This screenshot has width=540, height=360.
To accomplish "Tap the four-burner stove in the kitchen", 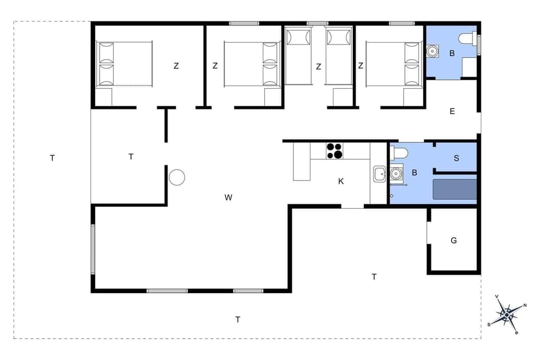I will point(335,151).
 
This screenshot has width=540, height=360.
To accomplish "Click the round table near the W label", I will point(177,178).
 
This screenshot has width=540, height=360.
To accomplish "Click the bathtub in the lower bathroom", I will point(454,189).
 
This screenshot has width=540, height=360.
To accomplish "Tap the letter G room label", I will point(454,241).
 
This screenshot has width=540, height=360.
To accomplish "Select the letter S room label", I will point(456,159).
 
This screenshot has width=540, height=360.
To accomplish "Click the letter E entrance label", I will point(452,111).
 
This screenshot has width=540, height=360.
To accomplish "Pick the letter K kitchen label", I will point(341,181).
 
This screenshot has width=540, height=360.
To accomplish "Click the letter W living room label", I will point(228,197).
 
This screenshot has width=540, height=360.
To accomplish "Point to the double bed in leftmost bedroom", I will point(124,64).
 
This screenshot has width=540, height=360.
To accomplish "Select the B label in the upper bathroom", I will point(452,53).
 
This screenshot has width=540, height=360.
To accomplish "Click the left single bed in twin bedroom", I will point(298,56).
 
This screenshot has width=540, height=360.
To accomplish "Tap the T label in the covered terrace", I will point(131,157).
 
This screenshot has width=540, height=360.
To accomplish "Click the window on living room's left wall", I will point(93,249).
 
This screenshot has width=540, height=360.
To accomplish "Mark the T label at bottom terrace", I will point(238,319).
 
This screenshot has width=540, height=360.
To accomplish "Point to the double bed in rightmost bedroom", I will point(394,64).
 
